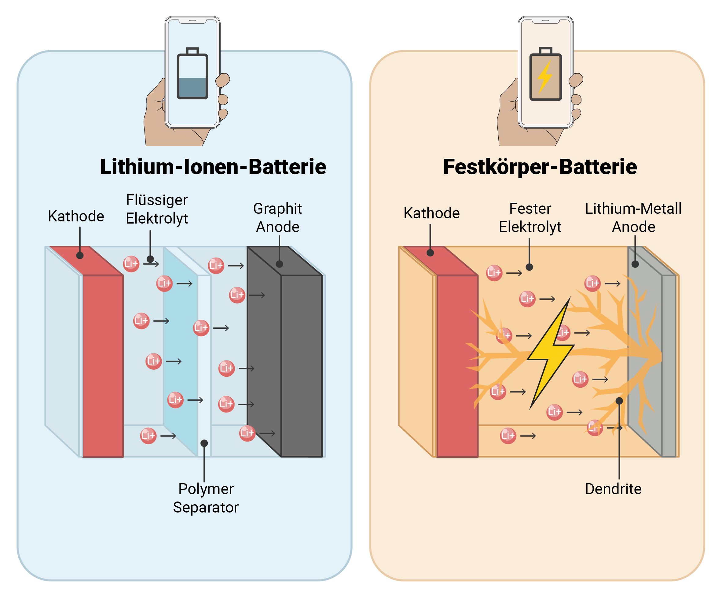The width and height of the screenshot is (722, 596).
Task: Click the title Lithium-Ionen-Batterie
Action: (x=213, y=167)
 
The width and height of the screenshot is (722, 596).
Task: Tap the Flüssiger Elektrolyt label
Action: (x=157, y=209)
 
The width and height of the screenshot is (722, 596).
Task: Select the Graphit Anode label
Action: (x=277, y=217)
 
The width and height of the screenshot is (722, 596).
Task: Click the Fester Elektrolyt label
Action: (x=530, y=217)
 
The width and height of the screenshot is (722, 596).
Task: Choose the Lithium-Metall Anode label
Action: (x=633, y=217)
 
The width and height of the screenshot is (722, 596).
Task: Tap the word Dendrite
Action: (x=613, y=489)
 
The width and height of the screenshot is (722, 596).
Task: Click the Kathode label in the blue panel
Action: (x=76, y=216)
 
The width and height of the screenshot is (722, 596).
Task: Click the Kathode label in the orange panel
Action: (x=431, y=213)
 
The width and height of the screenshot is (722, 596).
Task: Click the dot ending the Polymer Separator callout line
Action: (x=204, y=443)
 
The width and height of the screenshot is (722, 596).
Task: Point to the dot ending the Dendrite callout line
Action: (x=619, y=401)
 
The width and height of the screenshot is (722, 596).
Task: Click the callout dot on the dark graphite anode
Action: (x=280, y=264)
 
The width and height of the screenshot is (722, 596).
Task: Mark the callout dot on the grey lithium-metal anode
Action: (x=635, y=264)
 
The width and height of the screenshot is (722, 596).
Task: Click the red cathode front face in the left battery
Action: (x=103, y=366)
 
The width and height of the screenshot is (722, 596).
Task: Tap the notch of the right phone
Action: (x=545, y=21)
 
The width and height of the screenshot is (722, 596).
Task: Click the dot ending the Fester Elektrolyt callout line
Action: (x=529, y=267)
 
